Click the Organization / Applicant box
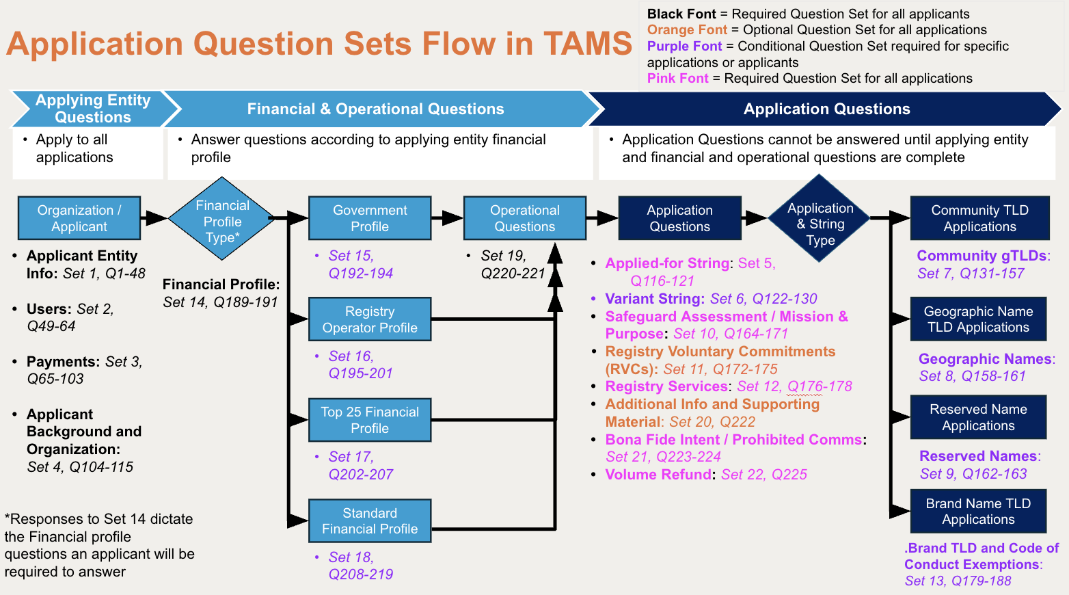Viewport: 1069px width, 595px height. click(79, 217)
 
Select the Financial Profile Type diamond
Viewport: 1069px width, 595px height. click(222, 218)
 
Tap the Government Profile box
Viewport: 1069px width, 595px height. click(370, 217)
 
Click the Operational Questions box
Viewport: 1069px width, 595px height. click(525, 217)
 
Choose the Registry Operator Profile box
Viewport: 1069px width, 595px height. click(370, 319)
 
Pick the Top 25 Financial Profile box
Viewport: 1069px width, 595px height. click(370, 420)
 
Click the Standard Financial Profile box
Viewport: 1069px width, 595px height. click(370, 520)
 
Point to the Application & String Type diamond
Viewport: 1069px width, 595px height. click(820, 218)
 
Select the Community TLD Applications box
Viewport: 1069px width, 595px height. click(979, 217)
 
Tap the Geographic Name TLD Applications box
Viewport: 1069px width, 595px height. click(978, 319)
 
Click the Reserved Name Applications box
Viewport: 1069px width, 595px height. click(978, 417)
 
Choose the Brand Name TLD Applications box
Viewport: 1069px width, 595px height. click(978, 511)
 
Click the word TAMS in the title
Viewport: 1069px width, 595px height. click(588, 44)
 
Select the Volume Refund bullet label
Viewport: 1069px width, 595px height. click(658, 474)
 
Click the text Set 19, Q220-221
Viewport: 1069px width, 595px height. click(513, 264)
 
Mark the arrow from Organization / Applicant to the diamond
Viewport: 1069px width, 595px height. click(154, 217)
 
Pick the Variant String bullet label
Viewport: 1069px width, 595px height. click(655, 298)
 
